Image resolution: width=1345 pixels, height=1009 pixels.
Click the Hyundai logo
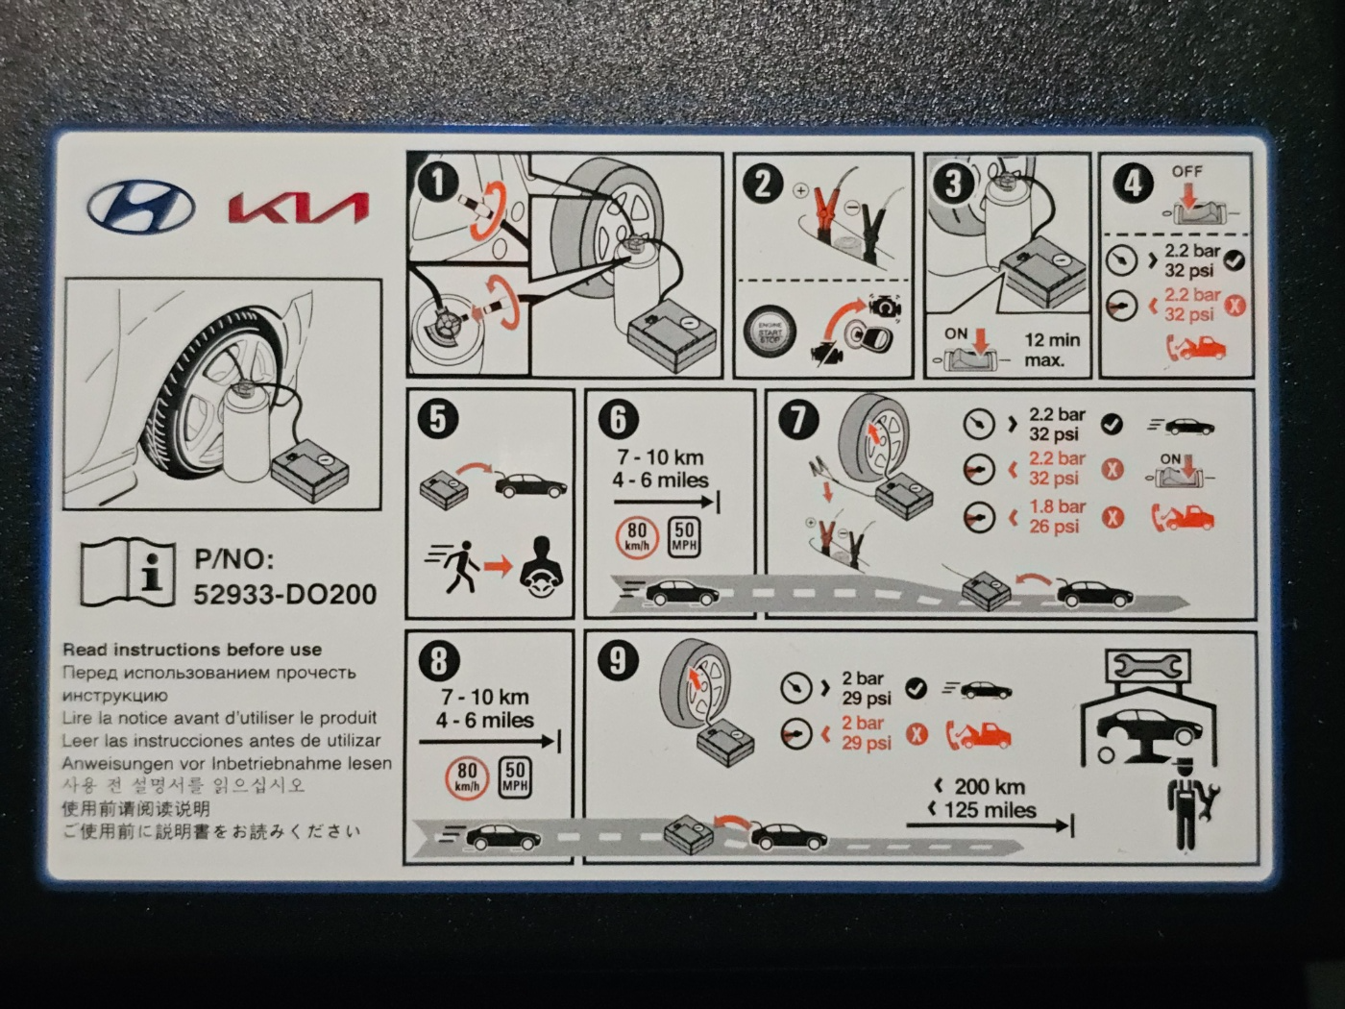coord(142,207)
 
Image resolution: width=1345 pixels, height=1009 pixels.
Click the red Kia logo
coord(299,208)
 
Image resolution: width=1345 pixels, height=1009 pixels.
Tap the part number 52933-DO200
coord(285,594)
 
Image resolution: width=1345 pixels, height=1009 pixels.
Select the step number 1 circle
coord(439,183)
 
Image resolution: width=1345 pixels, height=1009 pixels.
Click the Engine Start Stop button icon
coord(770,332)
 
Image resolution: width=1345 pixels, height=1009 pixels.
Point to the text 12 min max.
coord(1051,350)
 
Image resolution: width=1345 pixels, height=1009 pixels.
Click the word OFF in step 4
coord(1186,171)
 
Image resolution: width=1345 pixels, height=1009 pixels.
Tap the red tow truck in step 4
coord(1196,347)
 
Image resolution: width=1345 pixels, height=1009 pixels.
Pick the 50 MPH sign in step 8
coord(515,776)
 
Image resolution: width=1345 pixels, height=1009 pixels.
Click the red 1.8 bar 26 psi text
coord(1056,516)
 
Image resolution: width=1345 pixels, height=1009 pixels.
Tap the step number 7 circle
coord(798,420)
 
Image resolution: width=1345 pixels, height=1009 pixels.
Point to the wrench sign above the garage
coord(1147,664)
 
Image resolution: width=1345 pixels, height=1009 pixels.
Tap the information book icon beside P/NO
coord(128,572)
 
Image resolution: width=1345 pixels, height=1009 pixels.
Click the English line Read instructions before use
coord(192,650)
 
